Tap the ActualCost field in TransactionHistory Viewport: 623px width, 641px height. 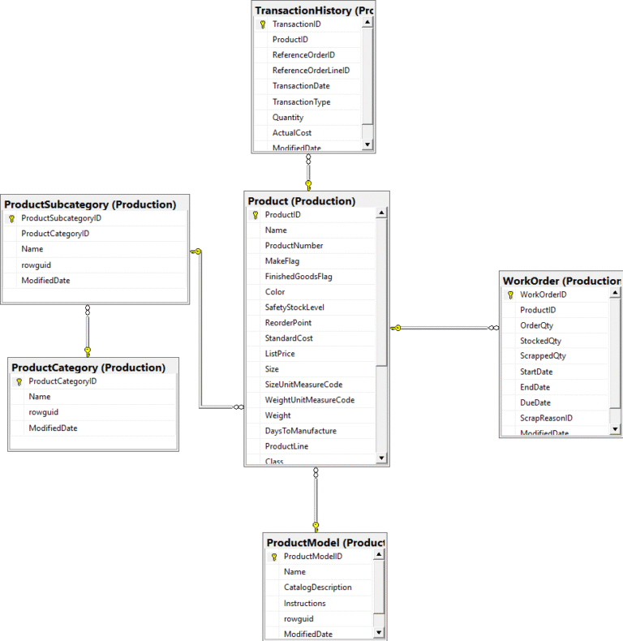pos(292,132)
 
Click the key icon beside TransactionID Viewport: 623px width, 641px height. pos(263,24)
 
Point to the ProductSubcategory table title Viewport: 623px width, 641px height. pos(90,204)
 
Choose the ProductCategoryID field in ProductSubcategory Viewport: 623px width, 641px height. pos(55,234)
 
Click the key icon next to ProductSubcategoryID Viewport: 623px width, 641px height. pos(11,218)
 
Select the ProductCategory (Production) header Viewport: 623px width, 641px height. pos(88,368)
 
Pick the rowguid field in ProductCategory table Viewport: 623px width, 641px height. pos(44,412)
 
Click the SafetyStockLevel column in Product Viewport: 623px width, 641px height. pos(294,308)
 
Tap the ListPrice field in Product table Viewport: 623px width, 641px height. pos(280,354)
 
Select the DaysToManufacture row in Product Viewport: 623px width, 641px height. pos(301,431)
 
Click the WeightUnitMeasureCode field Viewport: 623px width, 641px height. pos(310,400)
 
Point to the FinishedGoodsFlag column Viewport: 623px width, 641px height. pos(299,277)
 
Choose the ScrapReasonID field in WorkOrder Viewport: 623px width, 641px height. pos(547,418)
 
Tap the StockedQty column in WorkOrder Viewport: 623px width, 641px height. pos(540,341)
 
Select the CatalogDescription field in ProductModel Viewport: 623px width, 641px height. pos(318,587)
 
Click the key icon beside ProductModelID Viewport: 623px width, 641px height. pos(274,557)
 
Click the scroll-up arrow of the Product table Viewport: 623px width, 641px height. pos(382,214)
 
